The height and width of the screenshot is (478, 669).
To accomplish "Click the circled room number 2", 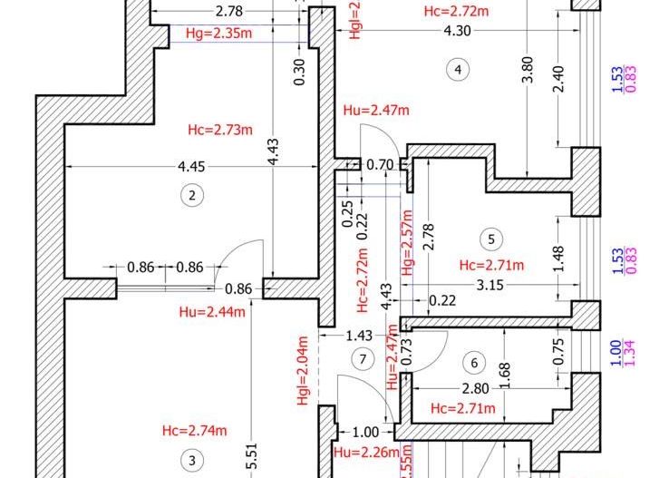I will tap(190, 194).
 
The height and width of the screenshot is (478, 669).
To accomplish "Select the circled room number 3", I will tap(191, 461).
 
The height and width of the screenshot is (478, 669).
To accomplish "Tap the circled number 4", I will tap(459, 70).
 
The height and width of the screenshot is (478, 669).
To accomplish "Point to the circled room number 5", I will tap(490, 239).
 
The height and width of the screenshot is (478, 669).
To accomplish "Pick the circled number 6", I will tap(473, 363).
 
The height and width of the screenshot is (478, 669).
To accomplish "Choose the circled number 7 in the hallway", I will tap(363, 359).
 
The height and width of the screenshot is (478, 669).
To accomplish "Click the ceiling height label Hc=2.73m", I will tap(218, 129).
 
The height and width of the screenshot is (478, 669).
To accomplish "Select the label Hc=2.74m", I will tap(194, 430).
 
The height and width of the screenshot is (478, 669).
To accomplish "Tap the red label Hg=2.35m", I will tap(218, 34).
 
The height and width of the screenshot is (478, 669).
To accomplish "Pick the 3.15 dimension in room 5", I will tap(490, 285).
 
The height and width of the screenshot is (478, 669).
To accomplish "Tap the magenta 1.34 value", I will tap(629, 354).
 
